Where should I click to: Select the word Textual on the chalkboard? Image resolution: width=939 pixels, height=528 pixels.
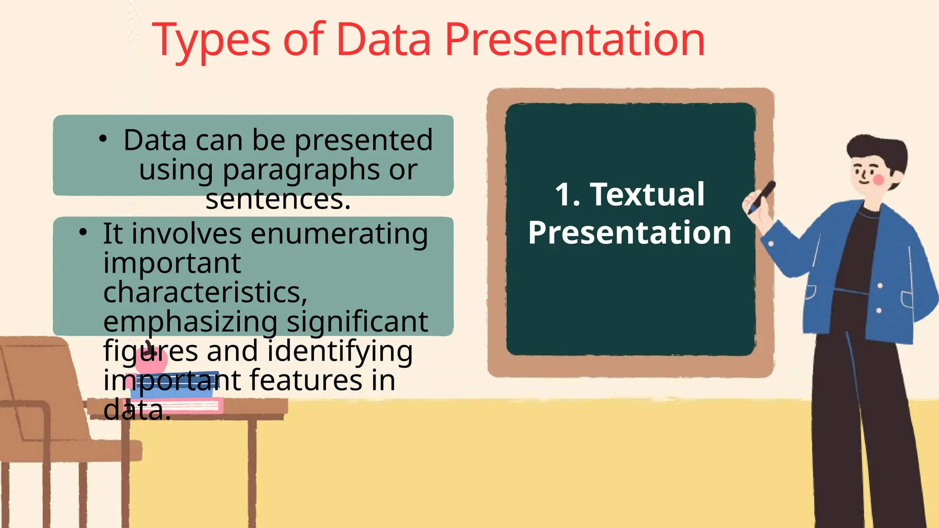[x=647, y=194]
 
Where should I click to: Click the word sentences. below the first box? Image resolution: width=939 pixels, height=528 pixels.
[x=278, y=200]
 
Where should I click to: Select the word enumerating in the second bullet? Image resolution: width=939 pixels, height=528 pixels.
[x=339, y=234]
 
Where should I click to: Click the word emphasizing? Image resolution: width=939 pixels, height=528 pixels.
[x=190, y=322]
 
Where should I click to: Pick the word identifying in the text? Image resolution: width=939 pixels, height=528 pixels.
[x=340, y=351]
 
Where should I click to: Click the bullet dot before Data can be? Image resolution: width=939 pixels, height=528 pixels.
[x=103, y=138]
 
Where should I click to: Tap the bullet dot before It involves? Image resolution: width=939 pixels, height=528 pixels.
[x=83, y=232]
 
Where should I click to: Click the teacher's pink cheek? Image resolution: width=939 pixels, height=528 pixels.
[x=878, y=180]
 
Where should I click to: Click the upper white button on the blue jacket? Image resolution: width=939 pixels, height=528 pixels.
[x=880, y=286]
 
